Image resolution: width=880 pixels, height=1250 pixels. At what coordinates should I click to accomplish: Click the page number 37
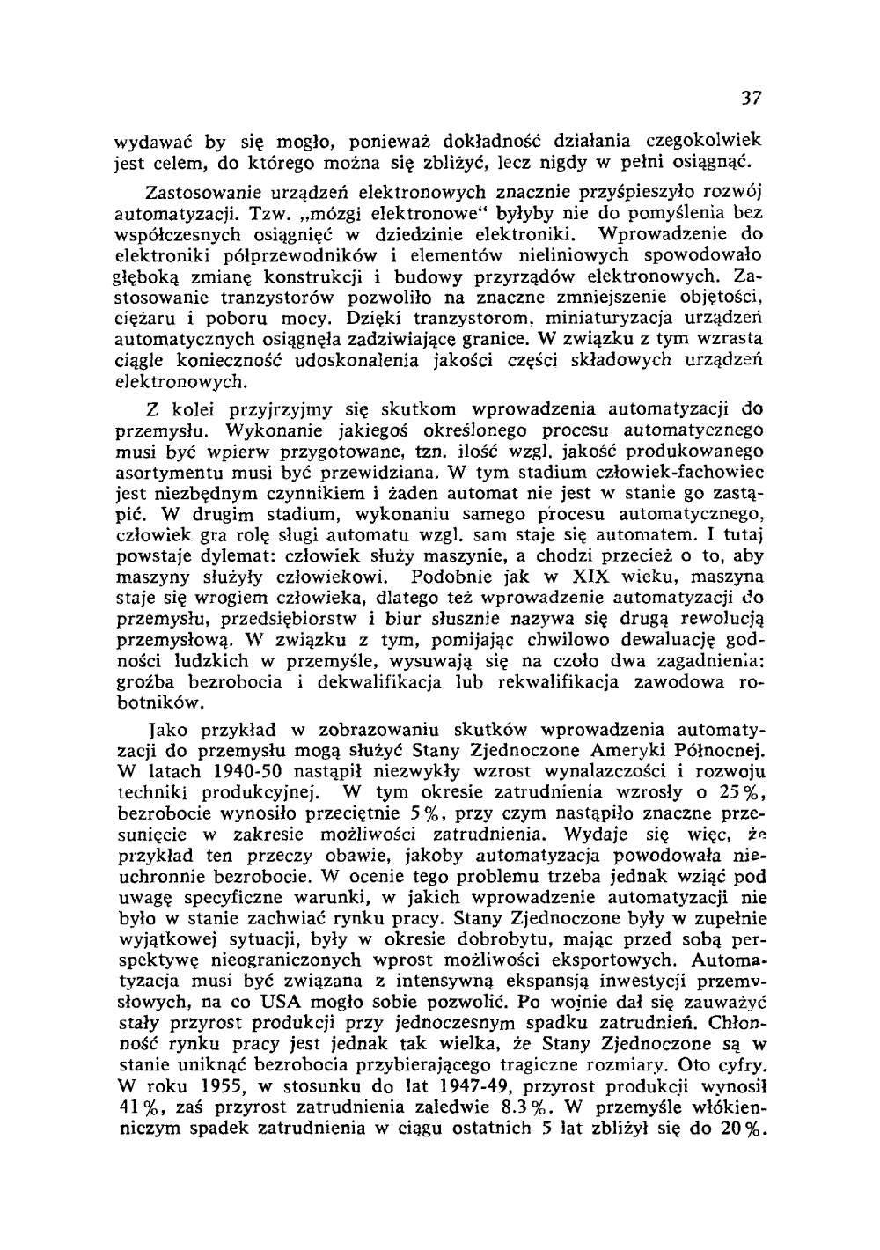coord(751,98)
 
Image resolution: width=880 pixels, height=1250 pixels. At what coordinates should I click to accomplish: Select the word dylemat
coord(221,557)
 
